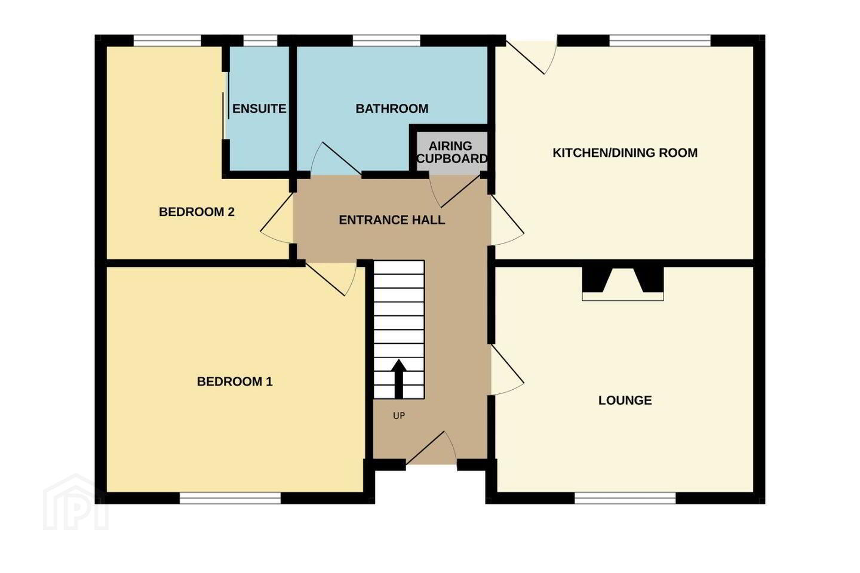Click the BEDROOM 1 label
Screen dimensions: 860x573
[x=235, y=381]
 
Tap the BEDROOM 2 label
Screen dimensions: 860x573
[x=196, y=212]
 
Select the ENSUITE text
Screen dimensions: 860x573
[x=259, y=109]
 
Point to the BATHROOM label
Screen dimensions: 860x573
[x=392, y=109]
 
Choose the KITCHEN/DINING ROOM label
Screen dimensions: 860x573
[x=625, y=153]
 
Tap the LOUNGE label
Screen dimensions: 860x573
[x=625, y=401]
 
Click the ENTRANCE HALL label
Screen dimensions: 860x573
[x=392, y=220]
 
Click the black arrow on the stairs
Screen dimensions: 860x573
[x=399, y=378]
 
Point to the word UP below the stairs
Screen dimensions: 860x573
[x=399, y=415]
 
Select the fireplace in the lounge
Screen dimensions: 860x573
[x=623, y=284]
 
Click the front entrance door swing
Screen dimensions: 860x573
[x=432, y=448]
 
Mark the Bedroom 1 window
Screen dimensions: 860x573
[x=231, y=498]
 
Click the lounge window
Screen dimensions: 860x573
[x=625, y=498]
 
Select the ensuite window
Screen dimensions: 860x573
[x=260, y=41]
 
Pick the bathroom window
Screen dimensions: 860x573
[x=386, y=41]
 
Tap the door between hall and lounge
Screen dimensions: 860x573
[x=508, y=370]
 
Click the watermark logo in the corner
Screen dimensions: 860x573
[x=76, y=502]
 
